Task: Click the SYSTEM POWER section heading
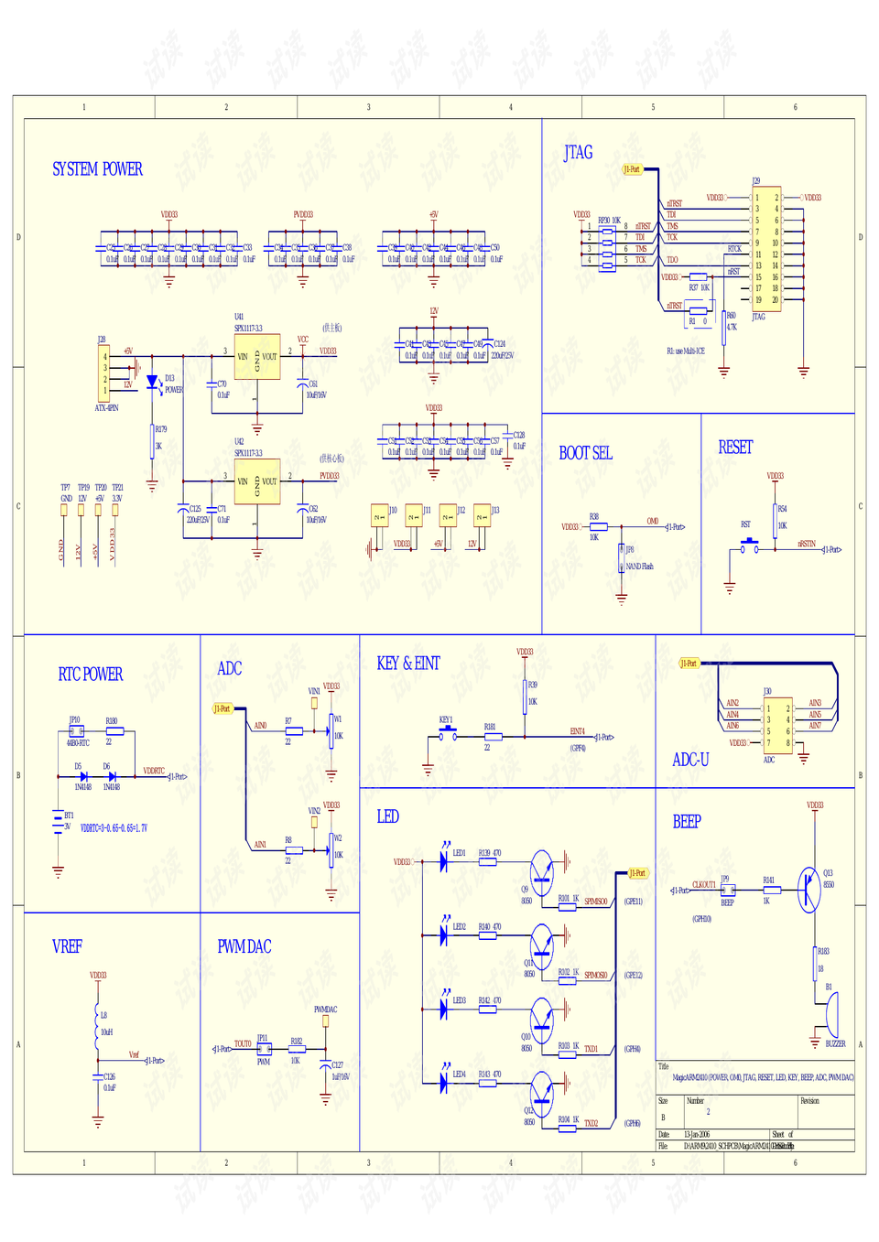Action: click(x=97, y=169)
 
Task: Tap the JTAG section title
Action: click(x=578, y=153)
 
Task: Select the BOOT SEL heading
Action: click(x=585, y=453)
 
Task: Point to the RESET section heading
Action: click(x=735, y=448)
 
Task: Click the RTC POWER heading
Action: click(x=91, y=675)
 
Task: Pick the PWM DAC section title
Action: click(x=244, y=946)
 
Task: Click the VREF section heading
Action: click(x=67, y=946)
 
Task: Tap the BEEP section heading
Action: click(x=687, y=822)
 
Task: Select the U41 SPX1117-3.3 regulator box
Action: click(x=257, y=357)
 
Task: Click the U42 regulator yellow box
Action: click(x=257, y=481)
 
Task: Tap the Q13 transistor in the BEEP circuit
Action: click(x=808, y=890)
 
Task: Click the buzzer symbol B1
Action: click(x=831, y=1014)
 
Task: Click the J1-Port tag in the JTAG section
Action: click(x=633, y=169)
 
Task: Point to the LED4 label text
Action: click(x=460, y=1075)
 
